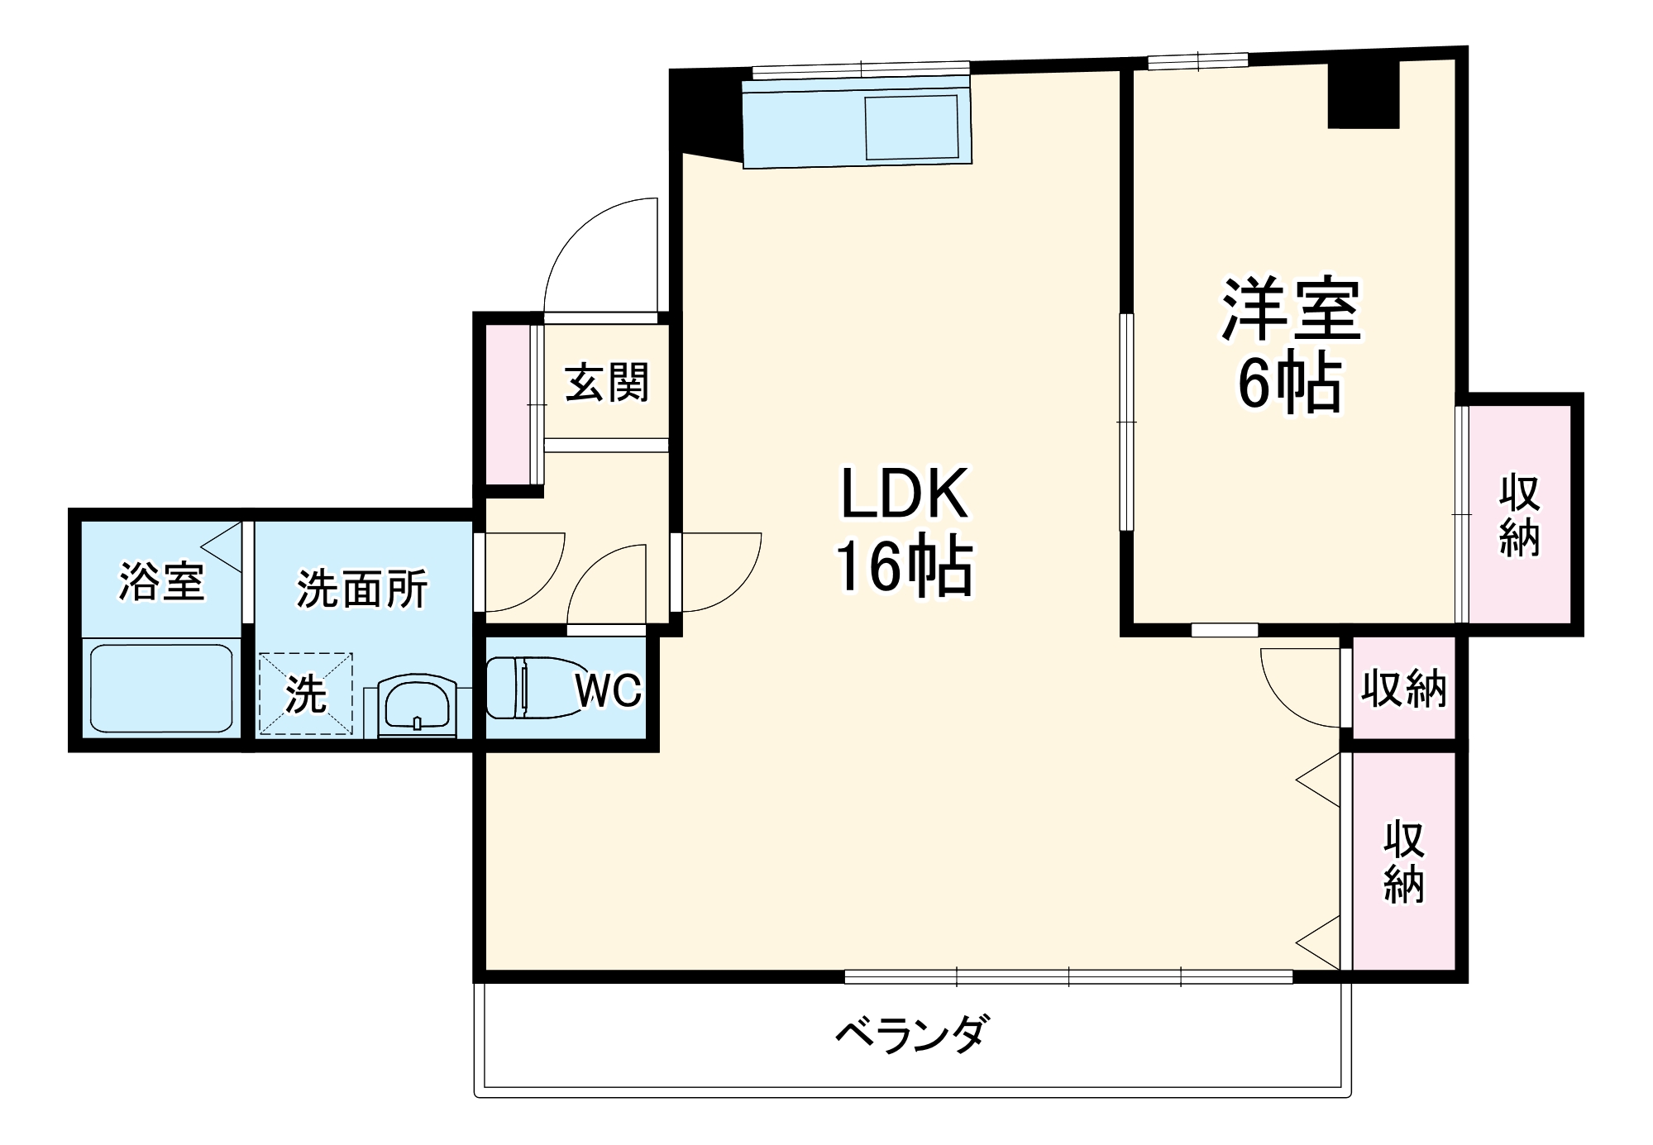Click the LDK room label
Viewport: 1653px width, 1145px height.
(x=903, y=494)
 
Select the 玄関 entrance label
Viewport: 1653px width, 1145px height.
(x=607, y=384)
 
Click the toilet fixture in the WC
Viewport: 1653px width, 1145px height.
(x=529, y=687)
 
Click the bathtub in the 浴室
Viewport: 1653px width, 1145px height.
(x=161, y=688)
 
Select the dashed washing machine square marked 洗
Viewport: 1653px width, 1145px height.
(x=305, y=694)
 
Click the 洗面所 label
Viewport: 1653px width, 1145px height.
(x=362, y=589)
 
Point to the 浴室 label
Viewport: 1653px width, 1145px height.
(x=161, y=581)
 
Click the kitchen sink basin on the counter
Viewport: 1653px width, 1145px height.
(x=911, y=127)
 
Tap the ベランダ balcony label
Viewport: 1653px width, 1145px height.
(x=910, y=1034)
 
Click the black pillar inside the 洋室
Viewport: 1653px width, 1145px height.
(x=1363, y=93)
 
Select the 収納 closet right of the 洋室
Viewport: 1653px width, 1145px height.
(x=1520, y=514)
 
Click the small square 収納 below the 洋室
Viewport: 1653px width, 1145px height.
(x=1403, y=689)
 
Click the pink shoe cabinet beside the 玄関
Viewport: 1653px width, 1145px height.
(x=506, y=405)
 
